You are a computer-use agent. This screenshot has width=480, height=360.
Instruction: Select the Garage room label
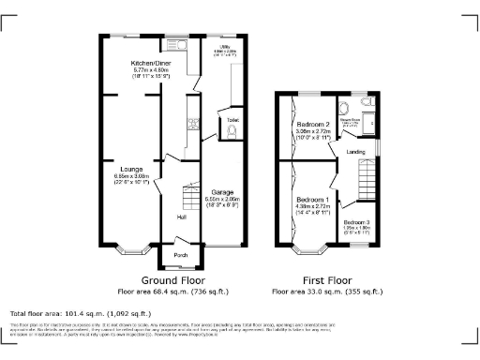222,191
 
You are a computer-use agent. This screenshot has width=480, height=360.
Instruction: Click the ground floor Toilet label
232,121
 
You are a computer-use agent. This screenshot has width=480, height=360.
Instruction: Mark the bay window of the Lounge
130,250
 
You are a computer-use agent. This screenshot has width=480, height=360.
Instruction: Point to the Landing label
356,151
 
